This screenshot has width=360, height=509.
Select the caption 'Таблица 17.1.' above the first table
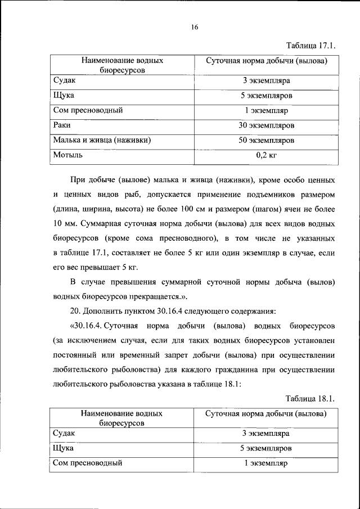[x=310, y=45]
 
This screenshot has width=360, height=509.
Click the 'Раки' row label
[x=62, y=125]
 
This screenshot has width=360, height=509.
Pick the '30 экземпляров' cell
[x=266, y=125]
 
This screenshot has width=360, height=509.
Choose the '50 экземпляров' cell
[x=266, y=140]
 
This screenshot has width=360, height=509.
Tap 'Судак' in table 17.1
[x=64, y=80]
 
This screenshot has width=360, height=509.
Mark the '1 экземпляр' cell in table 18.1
[x=266, y=463]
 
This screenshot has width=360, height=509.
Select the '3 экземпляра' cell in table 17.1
[x=266, y=81]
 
